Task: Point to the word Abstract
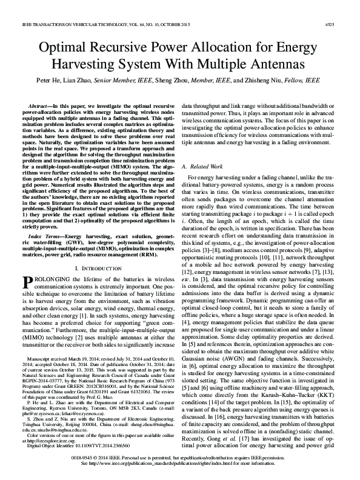(x=45, y=105)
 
